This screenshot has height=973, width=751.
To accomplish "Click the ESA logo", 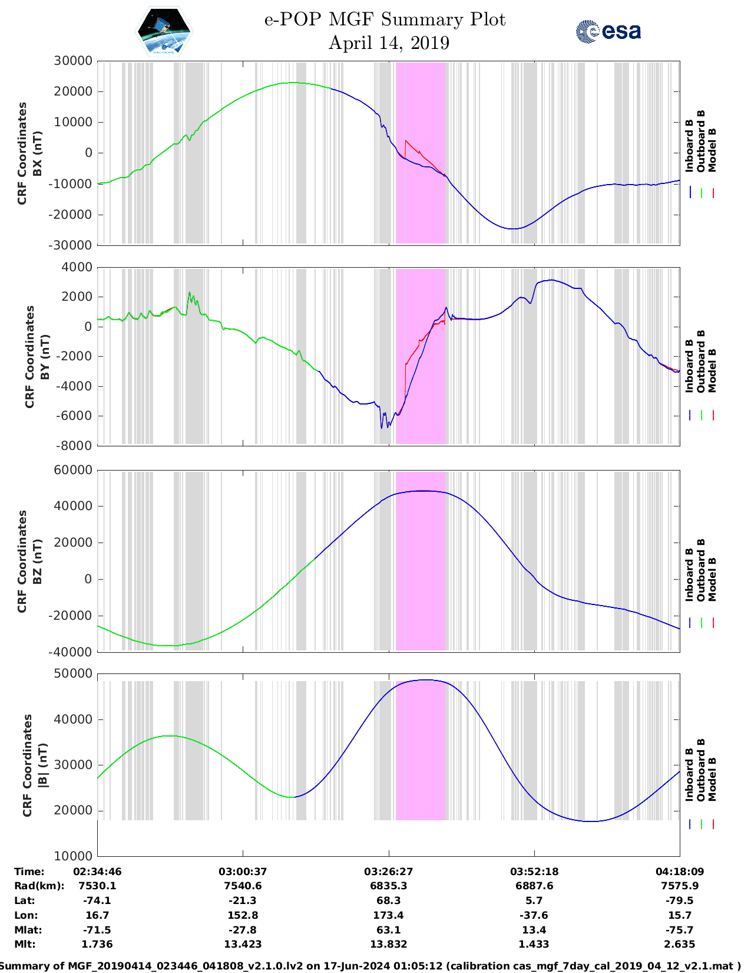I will [608, 31].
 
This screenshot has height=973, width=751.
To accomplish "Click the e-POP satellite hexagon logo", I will [164, 32].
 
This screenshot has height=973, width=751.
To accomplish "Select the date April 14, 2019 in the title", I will [389, 43].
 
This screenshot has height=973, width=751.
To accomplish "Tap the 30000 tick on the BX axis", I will [73, 61].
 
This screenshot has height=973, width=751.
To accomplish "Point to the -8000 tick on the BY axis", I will [74, 446].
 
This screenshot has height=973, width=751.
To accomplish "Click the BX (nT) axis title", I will [38, 153].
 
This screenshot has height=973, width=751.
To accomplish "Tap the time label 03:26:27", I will [389, 872].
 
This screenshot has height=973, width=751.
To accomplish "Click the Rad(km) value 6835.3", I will [389, 886].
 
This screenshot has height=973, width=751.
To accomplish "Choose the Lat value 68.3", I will [389, 900].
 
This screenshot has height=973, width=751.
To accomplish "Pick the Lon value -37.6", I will [534, 915].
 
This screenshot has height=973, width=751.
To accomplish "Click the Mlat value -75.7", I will [680, 930].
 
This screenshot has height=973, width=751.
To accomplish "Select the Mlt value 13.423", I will [243, 944].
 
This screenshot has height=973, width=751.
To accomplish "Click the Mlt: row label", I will [25, 944].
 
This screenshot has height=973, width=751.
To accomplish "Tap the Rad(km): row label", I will [39, 886].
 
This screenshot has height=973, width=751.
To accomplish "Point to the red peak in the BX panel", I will [406, 140].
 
